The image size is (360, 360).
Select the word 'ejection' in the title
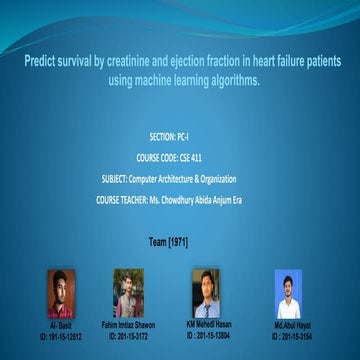[x=203, y=61]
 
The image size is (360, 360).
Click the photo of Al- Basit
[x=61, y=294]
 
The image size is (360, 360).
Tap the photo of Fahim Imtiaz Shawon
[x=129, y=294]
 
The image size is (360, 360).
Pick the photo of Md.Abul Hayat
[x=288, y=294]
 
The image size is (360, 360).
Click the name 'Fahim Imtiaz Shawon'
[x=129, y=326]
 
